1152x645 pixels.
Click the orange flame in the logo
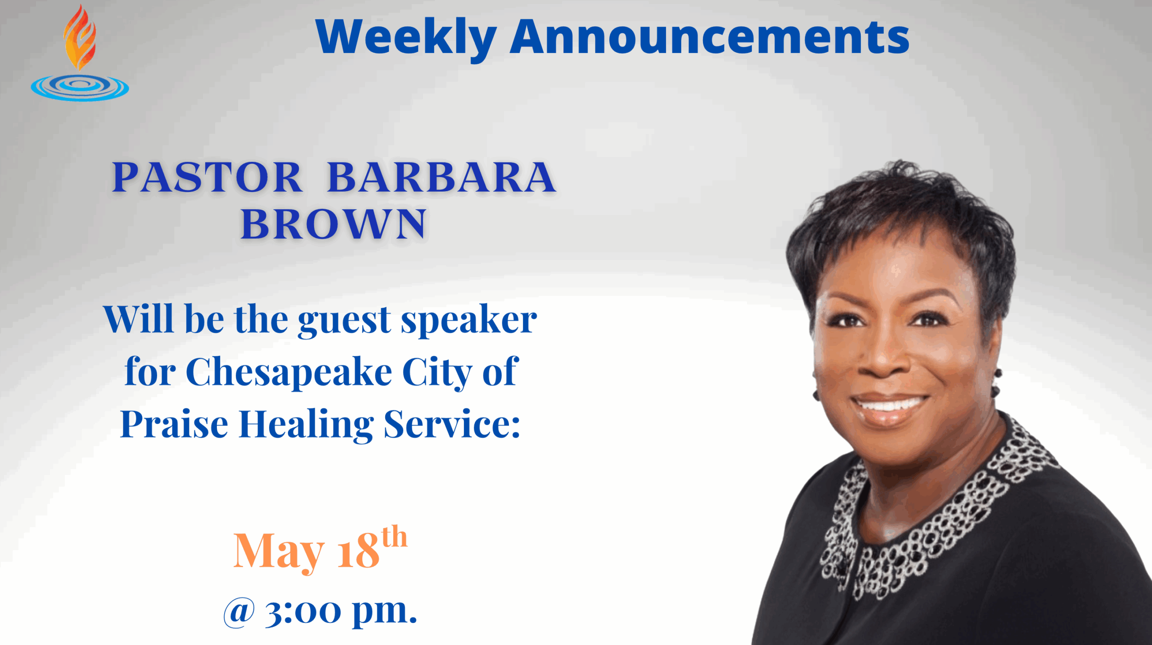click(x=80, y=38)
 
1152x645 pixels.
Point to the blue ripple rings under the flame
click(x=80, y=87)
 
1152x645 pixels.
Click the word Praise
click(x=174, y=425)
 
